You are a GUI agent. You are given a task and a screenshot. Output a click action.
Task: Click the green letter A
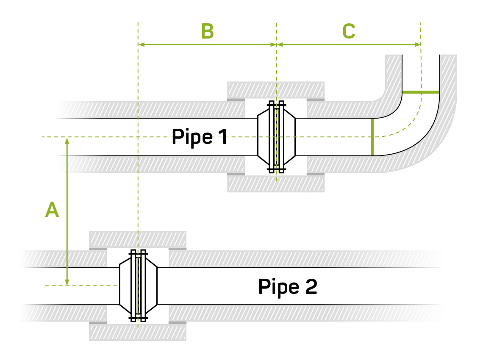click(x=52, y=210)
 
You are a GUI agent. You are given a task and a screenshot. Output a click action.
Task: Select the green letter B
click(x=207, y=31)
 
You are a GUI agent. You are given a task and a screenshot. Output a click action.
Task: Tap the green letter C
click(x=348, y=31)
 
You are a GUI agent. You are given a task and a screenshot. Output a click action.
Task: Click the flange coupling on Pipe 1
click(x=276, y=137)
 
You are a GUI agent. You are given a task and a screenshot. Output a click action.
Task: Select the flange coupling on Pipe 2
click(x=138, y=285)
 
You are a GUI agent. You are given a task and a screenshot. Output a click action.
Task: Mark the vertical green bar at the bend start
click(x=372, y=137)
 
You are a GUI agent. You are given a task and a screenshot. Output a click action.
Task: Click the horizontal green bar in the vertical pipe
click(x=421, y=92)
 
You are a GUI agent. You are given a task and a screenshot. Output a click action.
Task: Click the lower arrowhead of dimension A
click(x=67, y=282)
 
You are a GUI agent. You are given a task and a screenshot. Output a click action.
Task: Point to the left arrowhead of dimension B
click(x=142, y=44)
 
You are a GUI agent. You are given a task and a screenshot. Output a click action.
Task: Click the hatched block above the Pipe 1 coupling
click(x=276, y=89)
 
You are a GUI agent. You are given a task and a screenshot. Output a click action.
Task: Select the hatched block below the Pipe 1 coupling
click(x=276, y=184)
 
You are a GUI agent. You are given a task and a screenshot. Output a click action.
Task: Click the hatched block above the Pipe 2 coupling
click(x=138, y=239)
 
